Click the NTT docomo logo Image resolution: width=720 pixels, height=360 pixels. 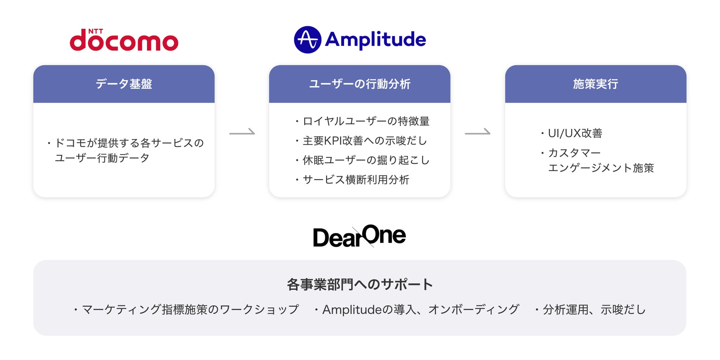pos(124,40)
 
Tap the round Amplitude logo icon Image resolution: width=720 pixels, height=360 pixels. pos(307,40)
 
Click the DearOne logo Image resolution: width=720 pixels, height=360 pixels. pos(359,236)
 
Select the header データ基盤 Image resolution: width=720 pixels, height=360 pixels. pos(124,84)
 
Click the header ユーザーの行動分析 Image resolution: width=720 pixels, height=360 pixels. pos(360,84)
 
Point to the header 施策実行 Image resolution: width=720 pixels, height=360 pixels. pos(595,84)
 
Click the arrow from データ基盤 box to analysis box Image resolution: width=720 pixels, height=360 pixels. pos(242,132)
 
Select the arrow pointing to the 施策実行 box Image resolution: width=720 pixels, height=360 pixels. pos(477,132)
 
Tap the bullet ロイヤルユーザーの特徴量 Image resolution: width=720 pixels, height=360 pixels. pos(366,121)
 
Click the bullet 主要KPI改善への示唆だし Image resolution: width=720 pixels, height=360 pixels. pos(364,141)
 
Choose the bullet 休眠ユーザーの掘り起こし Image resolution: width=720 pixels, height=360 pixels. pos(366,160)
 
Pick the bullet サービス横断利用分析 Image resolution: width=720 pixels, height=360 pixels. pos(356,180)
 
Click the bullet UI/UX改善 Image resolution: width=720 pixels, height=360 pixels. pos(575,133)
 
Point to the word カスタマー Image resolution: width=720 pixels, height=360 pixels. pos(574,153)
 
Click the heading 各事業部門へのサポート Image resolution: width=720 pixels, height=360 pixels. pos(360,285)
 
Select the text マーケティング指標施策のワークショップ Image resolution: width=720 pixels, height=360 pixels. pos(190,309)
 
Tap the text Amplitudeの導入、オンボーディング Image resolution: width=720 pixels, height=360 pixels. pos(421,309)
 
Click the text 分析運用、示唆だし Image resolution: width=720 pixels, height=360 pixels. pos(594,309)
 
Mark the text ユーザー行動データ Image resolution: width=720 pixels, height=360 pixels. pos(102,158)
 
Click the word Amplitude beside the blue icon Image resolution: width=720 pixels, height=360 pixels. pos(375,40)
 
